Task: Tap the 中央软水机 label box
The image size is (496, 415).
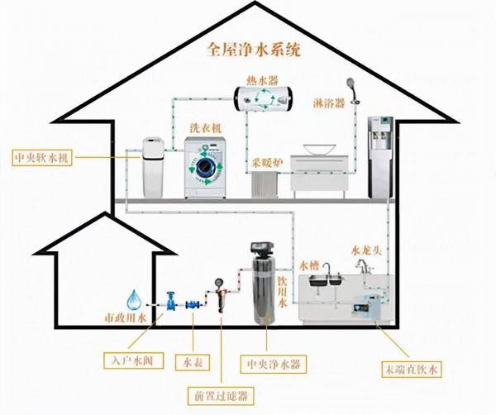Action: (x=41, y=157)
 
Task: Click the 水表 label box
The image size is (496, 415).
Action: (x=193, y=361)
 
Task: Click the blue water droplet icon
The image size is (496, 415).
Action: (x=134, y=298)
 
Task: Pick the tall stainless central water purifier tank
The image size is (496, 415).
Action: (x=265, y=290)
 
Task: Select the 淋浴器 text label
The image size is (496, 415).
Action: (x=330, y=103)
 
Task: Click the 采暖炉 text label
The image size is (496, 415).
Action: (x=267, y=161)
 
